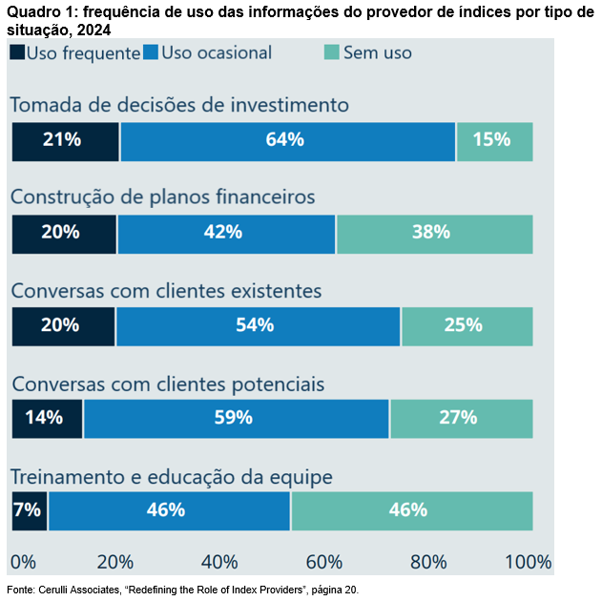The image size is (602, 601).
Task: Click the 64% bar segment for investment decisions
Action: point(287,141)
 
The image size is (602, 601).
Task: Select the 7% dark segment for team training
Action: point(29,510)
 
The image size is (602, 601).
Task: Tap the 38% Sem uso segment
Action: point(434,233)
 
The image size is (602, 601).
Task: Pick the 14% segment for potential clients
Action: point(47,418)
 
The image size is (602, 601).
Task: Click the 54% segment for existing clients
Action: point(258,325)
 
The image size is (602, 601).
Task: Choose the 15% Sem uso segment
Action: point(494,141)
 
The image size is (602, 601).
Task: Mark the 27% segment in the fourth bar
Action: point(461,418)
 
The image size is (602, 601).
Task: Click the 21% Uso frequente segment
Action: point(65,141)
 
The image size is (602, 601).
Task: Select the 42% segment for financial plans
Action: point(226,233)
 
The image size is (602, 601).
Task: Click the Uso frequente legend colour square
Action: point(18,52)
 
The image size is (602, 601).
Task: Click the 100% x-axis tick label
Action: point(528,561)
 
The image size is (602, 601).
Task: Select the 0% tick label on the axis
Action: point(21,561)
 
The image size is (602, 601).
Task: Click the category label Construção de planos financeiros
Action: point(162,197)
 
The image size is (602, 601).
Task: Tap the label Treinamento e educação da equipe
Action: point(171,476)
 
